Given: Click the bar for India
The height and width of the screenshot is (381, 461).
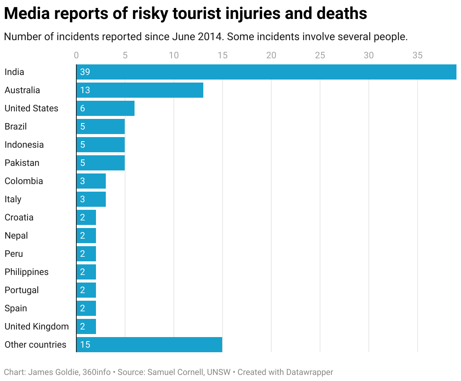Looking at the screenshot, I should pos(266,72).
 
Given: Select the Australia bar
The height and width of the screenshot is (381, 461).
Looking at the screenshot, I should pos(140,90).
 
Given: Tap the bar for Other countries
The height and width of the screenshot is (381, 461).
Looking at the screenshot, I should pos(149,345).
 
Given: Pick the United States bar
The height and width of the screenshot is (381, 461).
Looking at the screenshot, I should pos(105,108).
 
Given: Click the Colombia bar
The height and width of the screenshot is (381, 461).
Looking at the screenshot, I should pos(91,181).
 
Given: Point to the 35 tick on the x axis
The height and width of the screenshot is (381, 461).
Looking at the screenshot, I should pos(417,55).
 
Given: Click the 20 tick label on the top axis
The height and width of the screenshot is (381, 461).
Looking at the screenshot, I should pos(271,55).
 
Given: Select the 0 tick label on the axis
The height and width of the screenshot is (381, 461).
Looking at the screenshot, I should pos(76,55).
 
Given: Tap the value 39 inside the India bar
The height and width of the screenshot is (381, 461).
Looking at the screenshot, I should pos(85,72).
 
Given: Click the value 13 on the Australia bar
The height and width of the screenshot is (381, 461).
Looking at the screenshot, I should pos(85,90).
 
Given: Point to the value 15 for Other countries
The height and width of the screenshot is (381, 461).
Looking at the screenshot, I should pos(85,345).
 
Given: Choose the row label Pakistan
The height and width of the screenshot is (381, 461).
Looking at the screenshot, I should pos(22,163).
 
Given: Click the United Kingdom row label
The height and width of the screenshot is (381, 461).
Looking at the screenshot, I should pos(37,326).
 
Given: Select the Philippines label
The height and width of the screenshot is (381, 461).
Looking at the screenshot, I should pos(26,272).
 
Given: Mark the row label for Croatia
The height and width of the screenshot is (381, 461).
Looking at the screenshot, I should pos(19,217).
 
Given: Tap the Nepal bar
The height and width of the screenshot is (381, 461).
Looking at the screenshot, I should pos(86,236).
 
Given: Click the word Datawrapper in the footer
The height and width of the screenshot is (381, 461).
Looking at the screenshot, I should pos(309,372).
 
